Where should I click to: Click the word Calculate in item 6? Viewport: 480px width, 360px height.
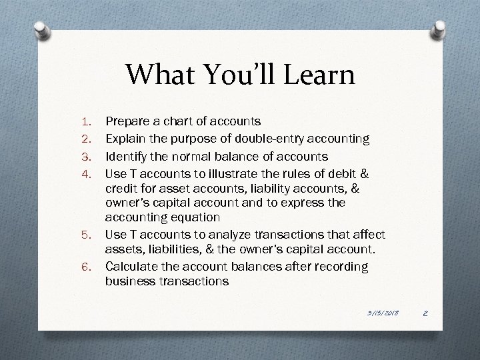(x=132, y=267)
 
